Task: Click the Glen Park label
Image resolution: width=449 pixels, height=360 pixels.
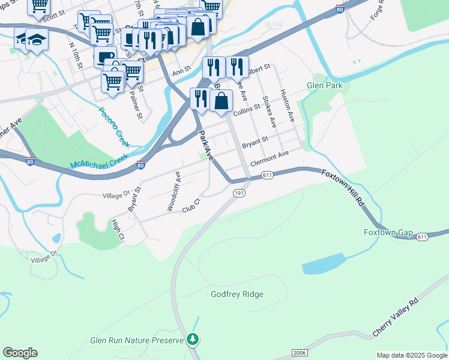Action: [x=325, y=86]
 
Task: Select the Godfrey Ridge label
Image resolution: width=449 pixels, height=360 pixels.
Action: [x=237, y=294]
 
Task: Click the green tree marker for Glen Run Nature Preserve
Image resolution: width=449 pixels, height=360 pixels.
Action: [x=192, y=340]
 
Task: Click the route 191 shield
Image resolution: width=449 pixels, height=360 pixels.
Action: [x=239, y=193]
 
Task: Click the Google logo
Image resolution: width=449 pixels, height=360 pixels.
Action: [x=20, y=353]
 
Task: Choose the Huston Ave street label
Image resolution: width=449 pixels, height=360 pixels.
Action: [x=288, y=106]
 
